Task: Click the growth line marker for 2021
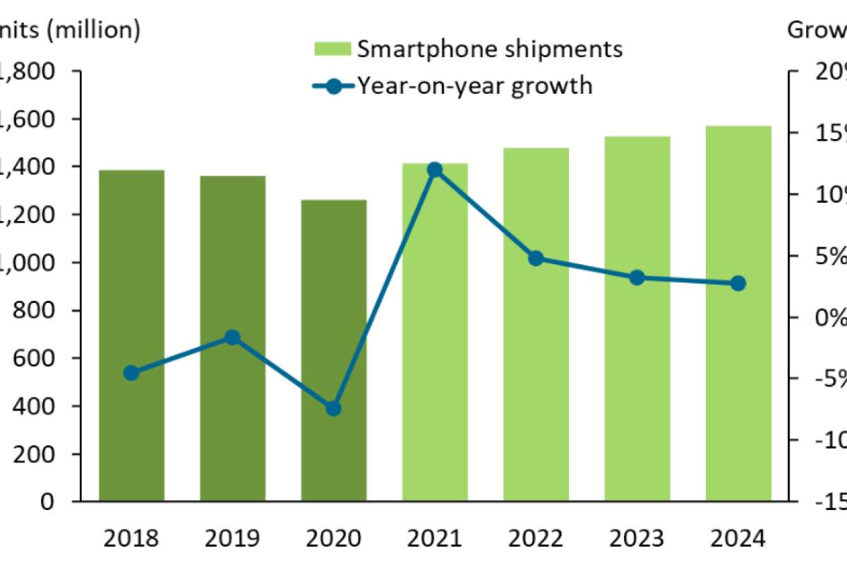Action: coord(435,169)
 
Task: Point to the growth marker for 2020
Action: coord(334,408)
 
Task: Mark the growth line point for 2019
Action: coord(232,338)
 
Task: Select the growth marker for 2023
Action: coord(637,278)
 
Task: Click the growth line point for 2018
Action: coord(131,373)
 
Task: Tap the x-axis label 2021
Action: coord(435,539)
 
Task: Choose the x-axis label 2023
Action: coord(637,539)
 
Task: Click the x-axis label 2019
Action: coord(232,539)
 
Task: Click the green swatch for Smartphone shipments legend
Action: coord(331,49)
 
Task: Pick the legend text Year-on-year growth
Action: coord(474,85)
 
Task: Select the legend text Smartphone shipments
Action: coord(490,49)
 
